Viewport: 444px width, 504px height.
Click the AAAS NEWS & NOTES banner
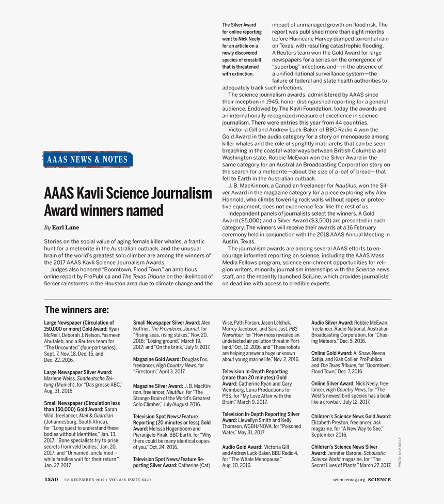pos(87,159)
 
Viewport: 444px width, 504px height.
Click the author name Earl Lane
pos(66,227)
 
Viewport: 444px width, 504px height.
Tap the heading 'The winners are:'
pos(77,310)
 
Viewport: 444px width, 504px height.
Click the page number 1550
pos(51,479)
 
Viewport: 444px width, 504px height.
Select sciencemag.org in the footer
pos(349,479)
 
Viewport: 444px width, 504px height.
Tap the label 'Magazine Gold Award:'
pos(157,359)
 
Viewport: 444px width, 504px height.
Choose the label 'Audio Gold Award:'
pos(242,447)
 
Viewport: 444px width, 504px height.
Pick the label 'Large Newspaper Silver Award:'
pos(78,372)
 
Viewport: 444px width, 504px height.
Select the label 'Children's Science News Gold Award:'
pos(351,416)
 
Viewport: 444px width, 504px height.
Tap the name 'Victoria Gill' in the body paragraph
pos(246,130)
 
